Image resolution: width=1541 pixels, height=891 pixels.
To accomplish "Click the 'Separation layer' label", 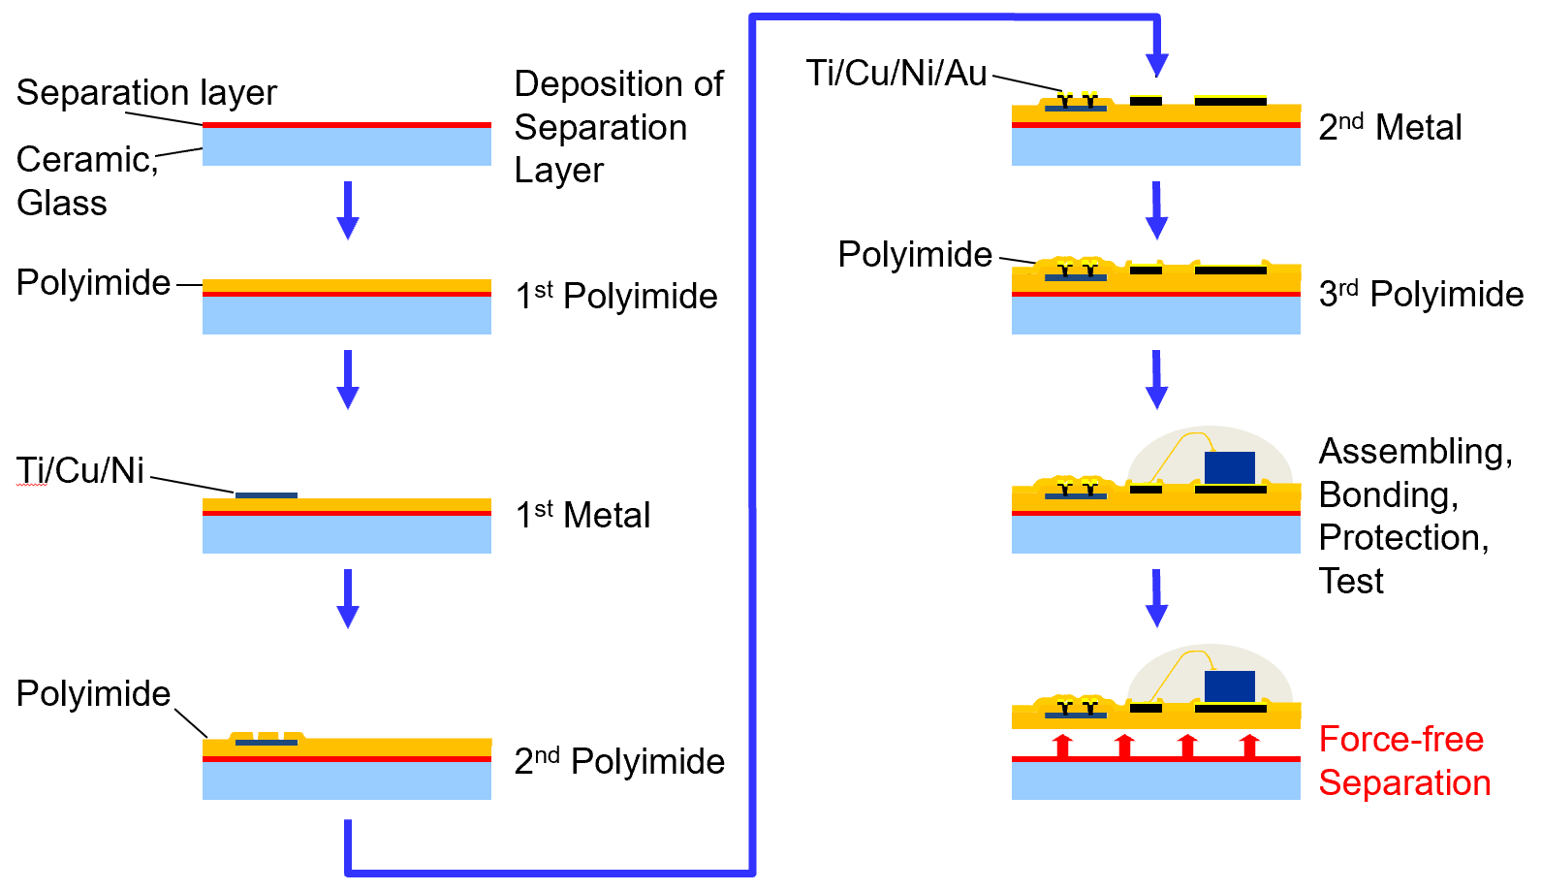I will pyautogui.click(x=146, y=93).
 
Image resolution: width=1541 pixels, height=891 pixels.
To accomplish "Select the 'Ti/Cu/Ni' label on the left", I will pyautogui.click(x=80, y=470).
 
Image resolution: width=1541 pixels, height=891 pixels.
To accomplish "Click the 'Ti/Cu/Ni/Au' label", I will pyautogui.click(x=896, y=73).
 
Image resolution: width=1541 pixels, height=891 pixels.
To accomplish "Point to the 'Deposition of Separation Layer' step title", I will pyautogui.click(x=617, y=126).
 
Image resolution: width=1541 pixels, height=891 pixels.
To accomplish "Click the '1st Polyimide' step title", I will pyautogui.click(x=615, y=296).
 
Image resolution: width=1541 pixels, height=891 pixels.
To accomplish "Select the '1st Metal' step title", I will pyautogui.click(x=582, y=515).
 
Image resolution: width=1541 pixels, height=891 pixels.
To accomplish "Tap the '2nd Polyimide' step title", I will pyautogui.click(x=619, y=761).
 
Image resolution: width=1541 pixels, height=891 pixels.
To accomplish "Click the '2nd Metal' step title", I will pyautogui.click(x=1390, y=127).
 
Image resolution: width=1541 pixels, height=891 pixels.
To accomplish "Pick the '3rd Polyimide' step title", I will pyautogui.click(x=1421, y=294).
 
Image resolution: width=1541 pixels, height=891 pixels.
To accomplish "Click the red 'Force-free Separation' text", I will pyautogui.click(x=1403, y=761).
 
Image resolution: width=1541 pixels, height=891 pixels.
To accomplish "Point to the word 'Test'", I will pyautogui.click(x=1351, y=582).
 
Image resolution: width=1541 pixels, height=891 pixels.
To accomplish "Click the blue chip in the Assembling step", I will pyautogui.click(x=1229, y=467).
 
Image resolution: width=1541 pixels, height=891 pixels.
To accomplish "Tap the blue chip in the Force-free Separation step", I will pyautogui.click(x=1229, y=686).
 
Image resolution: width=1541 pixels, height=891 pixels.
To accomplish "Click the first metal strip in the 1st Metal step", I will pyautogui.click(x=267, y=495).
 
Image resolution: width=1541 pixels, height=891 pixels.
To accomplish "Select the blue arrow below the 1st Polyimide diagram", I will pyautogui.click(x=348, y=379).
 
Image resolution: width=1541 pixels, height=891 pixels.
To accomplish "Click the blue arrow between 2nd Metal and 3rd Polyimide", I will pyautogui.click(x=1156, y=209).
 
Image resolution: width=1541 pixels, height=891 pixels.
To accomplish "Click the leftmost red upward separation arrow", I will pyautogui.click(x=1063, y=746).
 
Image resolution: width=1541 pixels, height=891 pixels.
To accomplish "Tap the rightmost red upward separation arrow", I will pyautogui.click(x=1249, y=746).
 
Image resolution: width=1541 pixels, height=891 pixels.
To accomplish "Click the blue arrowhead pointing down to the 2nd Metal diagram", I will pyautogui.click(x=1156, y=64).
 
